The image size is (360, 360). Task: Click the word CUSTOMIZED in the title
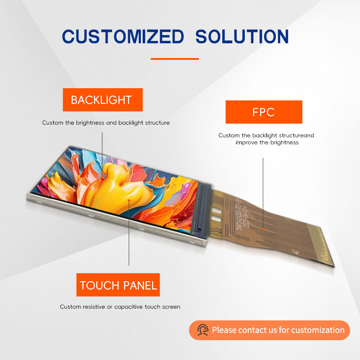point(123,36)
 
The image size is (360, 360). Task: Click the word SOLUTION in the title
point(242,36)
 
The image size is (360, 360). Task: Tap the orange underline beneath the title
point(175,59)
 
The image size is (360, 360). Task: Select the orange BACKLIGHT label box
point(103,100)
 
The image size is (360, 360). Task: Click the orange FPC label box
point(264,112)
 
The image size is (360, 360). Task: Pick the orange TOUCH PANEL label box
point(118,285)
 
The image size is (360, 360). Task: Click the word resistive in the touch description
point(94,307)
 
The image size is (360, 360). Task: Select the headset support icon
point(203,330)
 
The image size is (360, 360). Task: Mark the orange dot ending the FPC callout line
point(263,229)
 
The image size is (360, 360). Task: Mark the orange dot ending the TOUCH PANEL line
point(129,200)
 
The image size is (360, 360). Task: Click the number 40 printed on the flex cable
point(296,252)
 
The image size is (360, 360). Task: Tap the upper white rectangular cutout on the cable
point(217,210)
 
